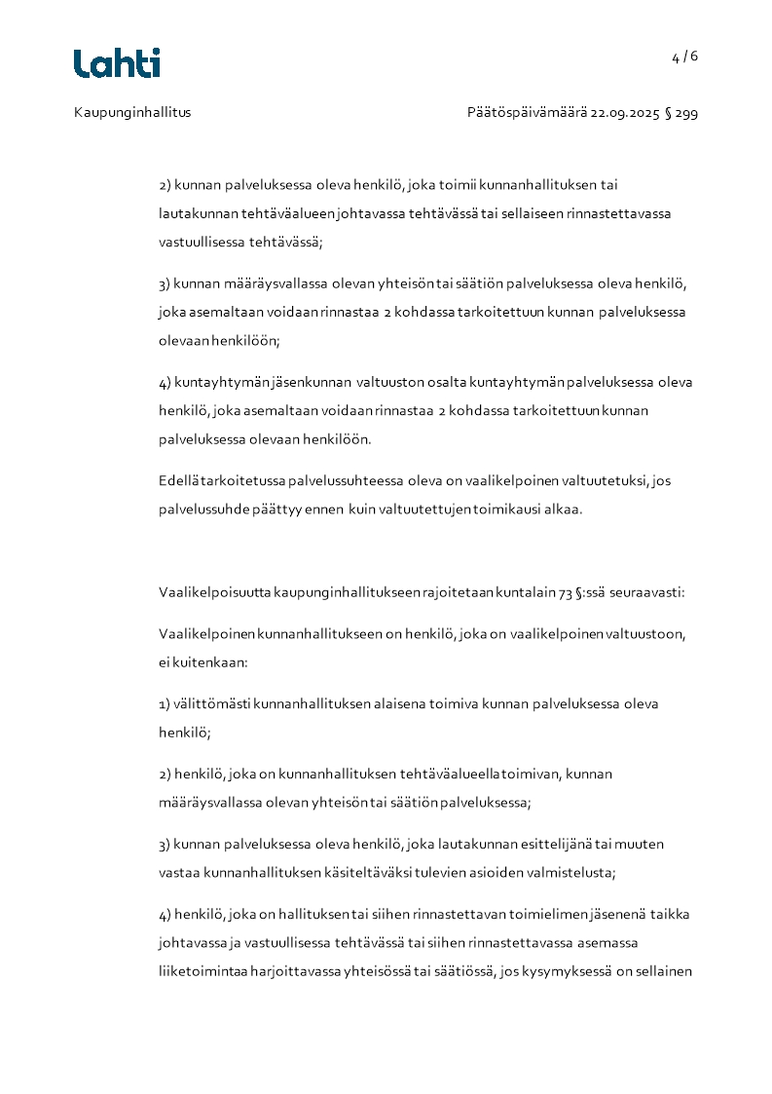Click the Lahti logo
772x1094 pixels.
pyautogui.click(x=117, y=63)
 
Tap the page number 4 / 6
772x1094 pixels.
pyautogui.click(x=684, y=57)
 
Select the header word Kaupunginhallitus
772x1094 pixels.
pyautogui.click(x=132, y=112)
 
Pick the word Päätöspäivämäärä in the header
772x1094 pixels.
pyautogui.click(x=527, y=112)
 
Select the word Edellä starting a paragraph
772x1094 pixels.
pyautogui.click(x=178, y=480)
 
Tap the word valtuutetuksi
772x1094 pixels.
pyautogui.click(x=607, y=480)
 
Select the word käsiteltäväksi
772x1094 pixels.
pyautogui.click(x=371, y=872)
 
